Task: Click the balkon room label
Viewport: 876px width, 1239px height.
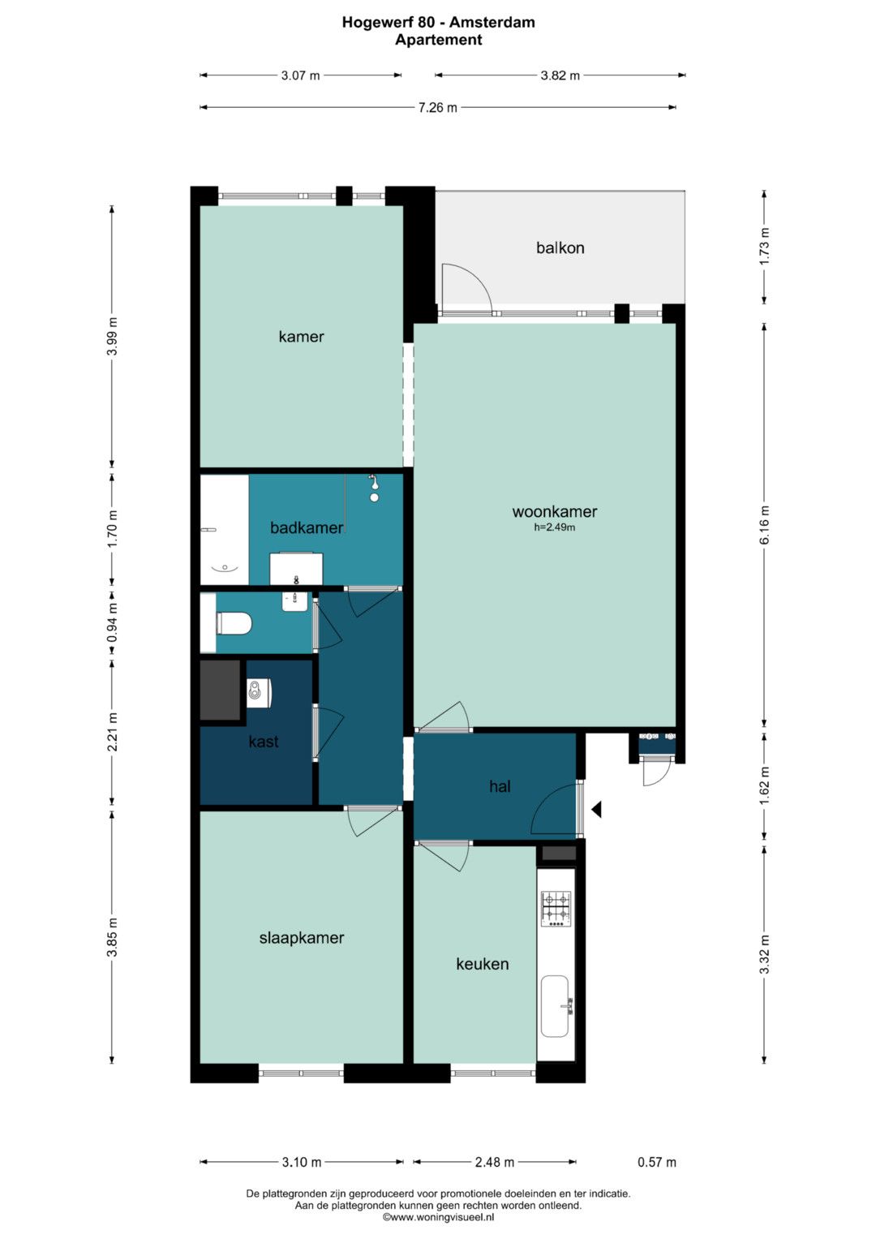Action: point(560,247)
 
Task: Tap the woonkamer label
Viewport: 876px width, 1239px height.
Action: point(554,512)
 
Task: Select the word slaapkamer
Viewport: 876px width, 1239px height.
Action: point(302,937)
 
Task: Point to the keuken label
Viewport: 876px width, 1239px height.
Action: point(483,964)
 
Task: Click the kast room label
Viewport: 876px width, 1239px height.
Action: point(264,741)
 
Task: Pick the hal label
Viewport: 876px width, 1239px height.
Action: point(500,786)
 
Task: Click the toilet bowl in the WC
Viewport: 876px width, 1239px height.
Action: point(234,624)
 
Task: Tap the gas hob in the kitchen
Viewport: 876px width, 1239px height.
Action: point(556,909)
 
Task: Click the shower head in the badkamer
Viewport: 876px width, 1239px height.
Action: point(375,488)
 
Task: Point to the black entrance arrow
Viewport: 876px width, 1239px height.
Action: point(596,810)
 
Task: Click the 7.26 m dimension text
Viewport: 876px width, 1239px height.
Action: point(437,107)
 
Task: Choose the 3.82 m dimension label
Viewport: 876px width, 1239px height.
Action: point(560,75)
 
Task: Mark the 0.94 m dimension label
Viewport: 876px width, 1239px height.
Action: point(112,622)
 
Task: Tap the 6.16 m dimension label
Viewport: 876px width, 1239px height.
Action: point(764,524)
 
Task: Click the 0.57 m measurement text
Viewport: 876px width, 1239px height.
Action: point(657,1162)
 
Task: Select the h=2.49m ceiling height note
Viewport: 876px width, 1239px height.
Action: point(554,527)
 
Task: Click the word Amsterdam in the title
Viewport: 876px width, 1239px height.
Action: point(492,22)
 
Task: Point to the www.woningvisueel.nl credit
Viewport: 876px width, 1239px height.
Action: point(438,1217)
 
